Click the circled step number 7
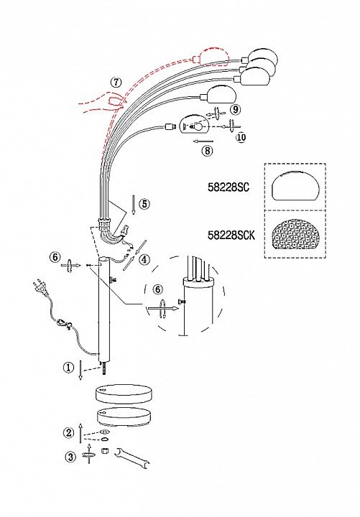click(116, 82)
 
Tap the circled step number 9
click(234, 109)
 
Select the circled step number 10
click(241, 136)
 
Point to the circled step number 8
click(207, 151)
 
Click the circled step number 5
click(144, 204)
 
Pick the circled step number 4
click(144, 259)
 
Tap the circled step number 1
click(69, 368)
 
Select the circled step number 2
click(69, 432)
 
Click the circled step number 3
click(70, 457)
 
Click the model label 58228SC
click(229, 187)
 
